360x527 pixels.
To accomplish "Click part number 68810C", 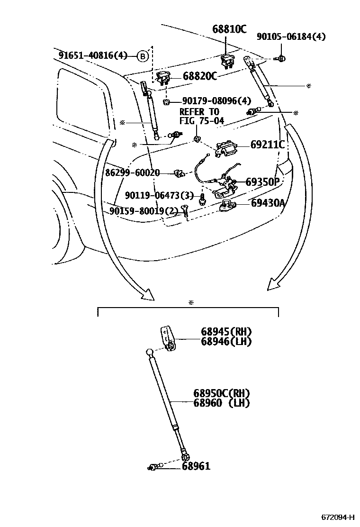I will tap(229, 29).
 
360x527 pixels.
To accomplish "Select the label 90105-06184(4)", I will tap(291, 36).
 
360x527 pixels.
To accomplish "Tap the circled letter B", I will tap(143, 56).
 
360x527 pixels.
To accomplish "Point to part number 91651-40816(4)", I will tap(93, 56).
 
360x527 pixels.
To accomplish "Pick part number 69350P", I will tap(263, 182).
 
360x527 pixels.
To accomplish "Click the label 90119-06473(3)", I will tap(159, 195).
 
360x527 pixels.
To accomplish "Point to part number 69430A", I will tap(268, 203).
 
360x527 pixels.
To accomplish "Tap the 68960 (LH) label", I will tap(221, 403).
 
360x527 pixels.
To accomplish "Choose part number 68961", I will tap(196, 466).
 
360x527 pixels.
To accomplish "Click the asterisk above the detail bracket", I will tap(191, 302).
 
